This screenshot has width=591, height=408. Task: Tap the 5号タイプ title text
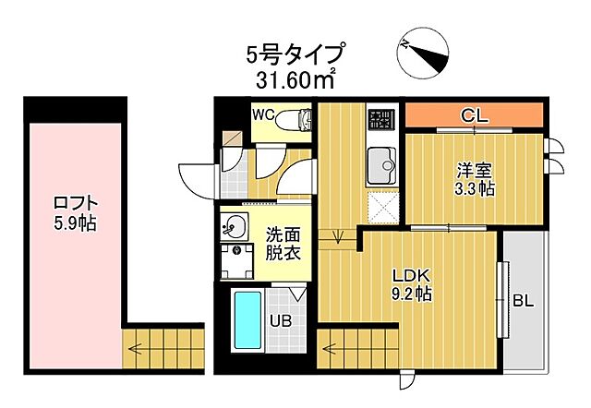point(295,54)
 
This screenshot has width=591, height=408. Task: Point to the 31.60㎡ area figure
point(295,80)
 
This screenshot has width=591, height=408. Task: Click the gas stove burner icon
point(380,119)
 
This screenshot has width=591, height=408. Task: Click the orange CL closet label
point(474,116)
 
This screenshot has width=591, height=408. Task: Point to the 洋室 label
point(475,171)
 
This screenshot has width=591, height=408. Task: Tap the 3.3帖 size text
point(475,189)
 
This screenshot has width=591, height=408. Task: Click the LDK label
point(410,276)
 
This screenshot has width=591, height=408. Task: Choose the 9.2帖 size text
point(410,294)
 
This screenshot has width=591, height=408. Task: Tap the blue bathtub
point(247,319)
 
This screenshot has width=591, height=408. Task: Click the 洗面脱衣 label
point(283,243)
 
